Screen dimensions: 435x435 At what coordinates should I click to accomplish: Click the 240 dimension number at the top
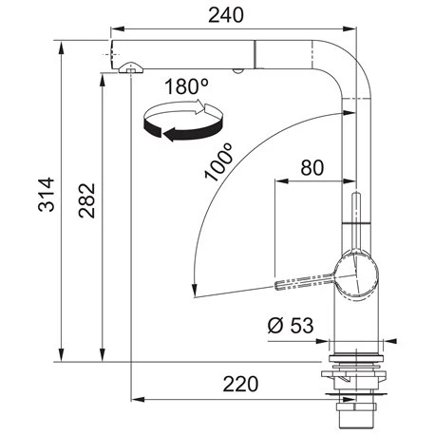coord(226,15)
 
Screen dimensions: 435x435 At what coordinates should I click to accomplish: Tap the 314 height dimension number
coord(47,194)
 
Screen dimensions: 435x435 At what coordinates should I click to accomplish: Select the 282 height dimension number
coord(86,200)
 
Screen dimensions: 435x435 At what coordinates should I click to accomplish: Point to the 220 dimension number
coord(240,384)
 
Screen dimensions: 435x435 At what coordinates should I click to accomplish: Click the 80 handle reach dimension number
coord(312,167)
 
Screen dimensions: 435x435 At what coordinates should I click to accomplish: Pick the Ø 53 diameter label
coord(291,325)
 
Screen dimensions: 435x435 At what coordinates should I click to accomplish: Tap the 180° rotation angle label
coord(187,86)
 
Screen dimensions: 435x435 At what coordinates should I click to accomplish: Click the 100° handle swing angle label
coord(218,161)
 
